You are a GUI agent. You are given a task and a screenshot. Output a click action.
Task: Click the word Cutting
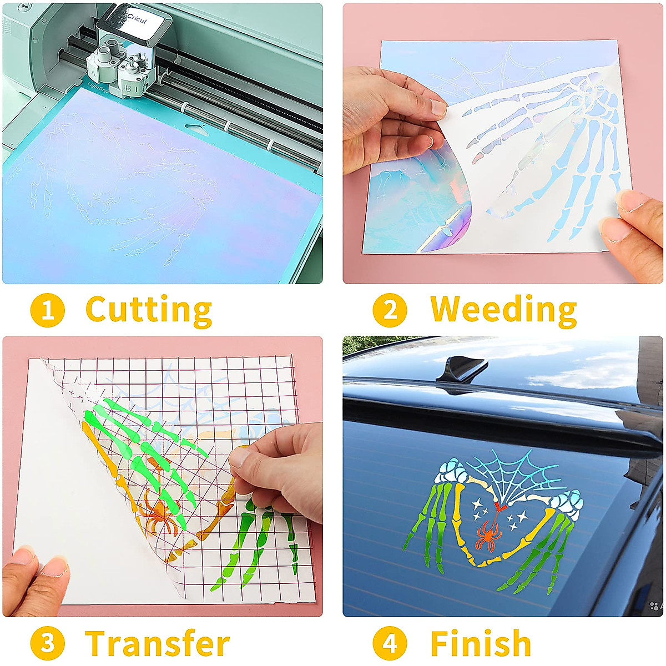[149, 310]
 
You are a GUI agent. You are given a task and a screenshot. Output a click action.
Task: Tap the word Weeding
[503, 310]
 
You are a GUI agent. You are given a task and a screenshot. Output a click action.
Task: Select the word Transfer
[158, 644]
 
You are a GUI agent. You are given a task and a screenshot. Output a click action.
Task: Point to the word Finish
[481, 644]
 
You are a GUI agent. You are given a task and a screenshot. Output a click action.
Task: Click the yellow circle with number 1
[47, 310]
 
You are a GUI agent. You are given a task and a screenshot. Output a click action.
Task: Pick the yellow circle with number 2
[390, 310]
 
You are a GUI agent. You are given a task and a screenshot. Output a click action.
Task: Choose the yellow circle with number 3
[47, 644]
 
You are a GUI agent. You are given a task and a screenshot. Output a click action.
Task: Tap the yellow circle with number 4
[390, 644]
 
